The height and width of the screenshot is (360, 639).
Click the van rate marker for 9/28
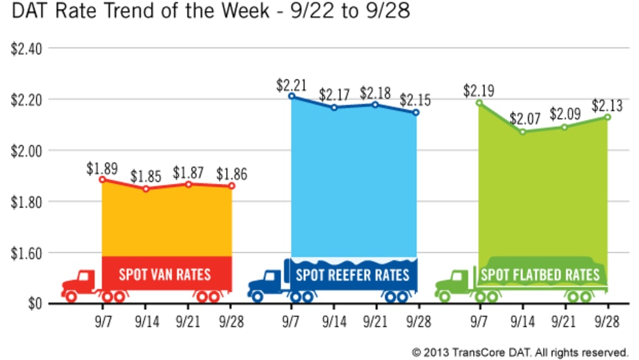(231, 186)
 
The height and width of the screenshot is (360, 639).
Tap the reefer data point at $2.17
(334, 107)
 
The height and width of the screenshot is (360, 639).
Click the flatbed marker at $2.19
(479, 102)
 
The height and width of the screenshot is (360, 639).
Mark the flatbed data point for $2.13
(608, 117)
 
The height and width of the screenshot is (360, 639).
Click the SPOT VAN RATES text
(165, 274)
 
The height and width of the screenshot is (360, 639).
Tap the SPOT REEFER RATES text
(353, 274)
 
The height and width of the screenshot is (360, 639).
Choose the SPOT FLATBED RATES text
(541, 275)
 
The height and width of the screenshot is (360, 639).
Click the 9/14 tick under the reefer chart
(334, 322)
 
